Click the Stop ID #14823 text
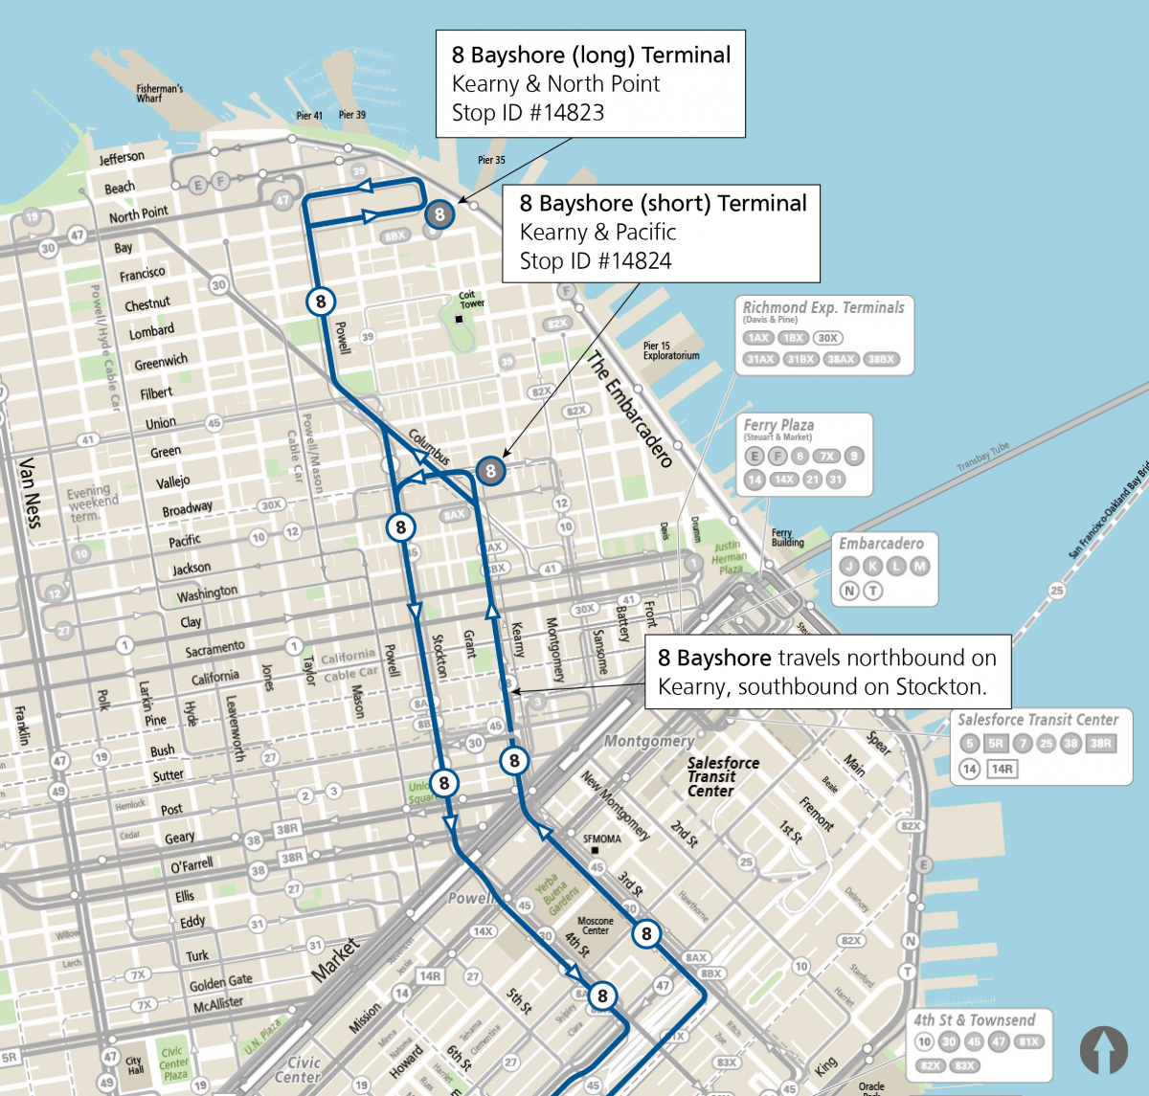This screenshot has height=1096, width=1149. click(x=528, y=113)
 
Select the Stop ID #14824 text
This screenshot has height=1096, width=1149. click(x=595, y=261)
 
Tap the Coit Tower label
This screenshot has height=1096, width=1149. click(x=470, y=300)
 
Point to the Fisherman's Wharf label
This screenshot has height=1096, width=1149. click(x=159, y=93)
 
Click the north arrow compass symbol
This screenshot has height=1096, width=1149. click(x=1104, y=1050)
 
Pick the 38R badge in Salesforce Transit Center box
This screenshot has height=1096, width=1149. click(x=1100, y=744)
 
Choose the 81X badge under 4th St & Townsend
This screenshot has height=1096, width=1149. click(x=1028, y=1042)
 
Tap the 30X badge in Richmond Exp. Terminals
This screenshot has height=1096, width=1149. click(x=827, y=338)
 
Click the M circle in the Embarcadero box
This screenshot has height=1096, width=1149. click(x=919, y=567)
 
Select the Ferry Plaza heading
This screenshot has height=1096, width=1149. click(x=778, y=425)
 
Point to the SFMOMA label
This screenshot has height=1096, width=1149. click(x=602, y=839)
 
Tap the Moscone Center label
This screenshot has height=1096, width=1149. click(x=595, y=926)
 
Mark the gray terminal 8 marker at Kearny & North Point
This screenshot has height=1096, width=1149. click(x=439, y=213)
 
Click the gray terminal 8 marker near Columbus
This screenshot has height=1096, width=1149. click(x=490, y=470)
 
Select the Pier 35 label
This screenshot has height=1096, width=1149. click(x=491, y=160)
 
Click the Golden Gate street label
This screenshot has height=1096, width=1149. click(x=220, y=983)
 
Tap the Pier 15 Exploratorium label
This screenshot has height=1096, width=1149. click(x=670, y=350)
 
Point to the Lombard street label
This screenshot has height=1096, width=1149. click(x=151, y=331)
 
